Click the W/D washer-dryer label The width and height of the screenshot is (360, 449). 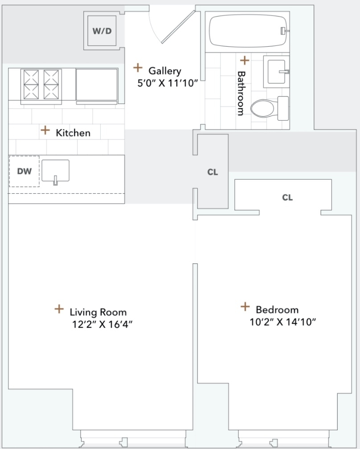point(102,31)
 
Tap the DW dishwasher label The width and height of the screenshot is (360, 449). point(25,171)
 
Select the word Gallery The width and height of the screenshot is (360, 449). point(165,71)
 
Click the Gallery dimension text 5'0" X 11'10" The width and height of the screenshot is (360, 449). point(168,83)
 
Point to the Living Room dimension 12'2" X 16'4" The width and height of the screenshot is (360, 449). point(102,324)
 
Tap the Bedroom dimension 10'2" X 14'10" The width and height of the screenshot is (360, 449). point(282,322)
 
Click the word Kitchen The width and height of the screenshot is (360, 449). point(73,133)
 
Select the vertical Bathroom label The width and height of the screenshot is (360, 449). point(241,94)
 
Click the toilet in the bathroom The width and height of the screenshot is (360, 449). point(270,108)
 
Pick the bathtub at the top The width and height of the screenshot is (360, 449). point(248,31)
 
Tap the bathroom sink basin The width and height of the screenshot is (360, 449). point(276,72)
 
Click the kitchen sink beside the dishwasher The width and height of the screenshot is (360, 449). point(56,171)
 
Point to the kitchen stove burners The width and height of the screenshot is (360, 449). point(41,85)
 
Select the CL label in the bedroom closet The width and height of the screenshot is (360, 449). point(287,198)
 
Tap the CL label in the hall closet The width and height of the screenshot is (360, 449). point(213,172)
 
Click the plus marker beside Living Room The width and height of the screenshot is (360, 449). point(59,309)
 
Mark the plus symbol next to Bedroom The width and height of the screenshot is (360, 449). point(245,306)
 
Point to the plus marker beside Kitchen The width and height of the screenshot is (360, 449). point(45,130)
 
